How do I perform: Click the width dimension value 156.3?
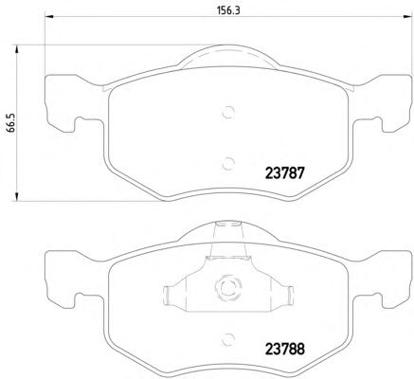tap(228, 10)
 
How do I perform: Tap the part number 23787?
tap(285, 173)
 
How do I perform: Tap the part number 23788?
tap(285, 349)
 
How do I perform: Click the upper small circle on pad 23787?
tap(228, 112)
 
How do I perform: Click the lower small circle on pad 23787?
tap(228, 163)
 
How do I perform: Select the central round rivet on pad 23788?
tap(227, 288)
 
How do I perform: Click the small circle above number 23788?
tap(228, 339)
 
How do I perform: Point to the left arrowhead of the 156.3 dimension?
tap(49, 16)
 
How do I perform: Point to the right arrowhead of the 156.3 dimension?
tap(408, 16)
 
